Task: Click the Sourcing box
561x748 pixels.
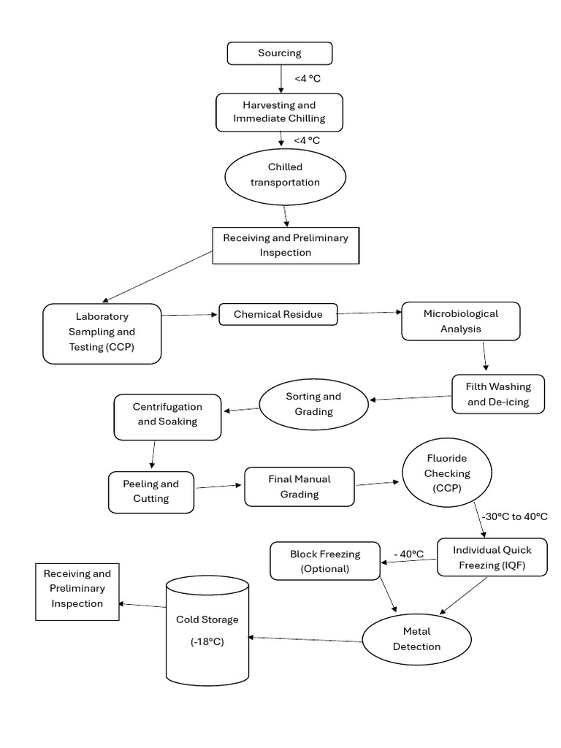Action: click(280, 53)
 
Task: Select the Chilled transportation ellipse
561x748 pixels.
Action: click(286, 177)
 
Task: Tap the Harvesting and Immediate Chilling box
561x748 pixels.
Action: click(280, 112)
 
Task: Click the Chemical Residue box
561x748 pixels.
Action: click(278, 314)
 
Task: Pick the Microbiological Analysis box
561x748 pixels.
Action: click(461, 321)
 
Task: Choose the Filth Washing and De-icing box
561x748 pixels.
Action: click(498, 394)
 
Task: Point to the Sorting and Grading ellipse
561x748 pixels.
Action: click(314, 404)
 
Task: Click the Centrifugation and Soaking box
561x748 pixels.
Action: click(167, 417)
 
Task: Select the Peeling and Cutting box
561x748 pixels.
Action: click(151, 492)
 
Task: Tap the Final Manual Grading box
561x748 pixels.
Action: click(299, 486)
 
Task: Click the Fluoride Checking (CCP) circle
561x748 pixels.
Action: click(447, 473)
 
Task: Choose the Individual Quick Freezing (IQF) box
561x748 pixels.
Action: click(492, 557)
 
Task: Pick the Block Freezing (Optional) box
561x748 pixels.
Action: click(325, 561)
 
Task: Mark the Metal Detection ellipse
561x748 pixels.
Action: click(417, 639)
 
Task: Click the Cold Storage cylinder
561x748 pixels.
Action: click(207, 630)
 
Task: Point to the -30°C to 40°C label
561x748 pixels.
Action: click(515, 516)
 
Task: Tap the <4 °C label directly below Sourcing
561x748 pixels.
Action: click(308, 79)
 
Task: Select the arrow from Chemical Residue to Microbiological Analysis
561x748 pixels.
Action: click(370, 313)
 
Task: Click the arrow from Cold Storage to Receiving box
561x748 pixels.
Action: click(142, 606)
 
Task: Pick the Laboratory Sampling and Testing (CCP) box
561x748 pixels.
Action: click(102, 334)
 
